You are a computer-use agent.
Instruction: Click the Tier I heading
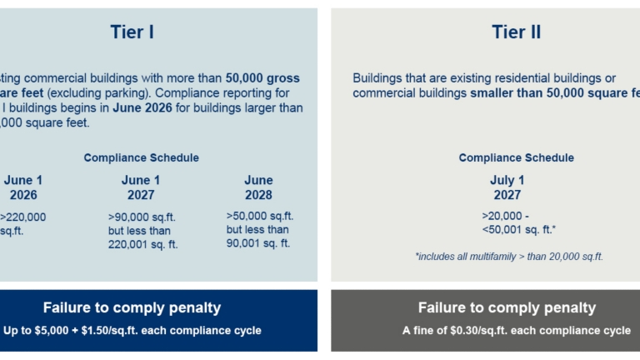point(132,32)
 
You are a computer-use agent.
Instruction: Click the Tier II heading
point(516,32)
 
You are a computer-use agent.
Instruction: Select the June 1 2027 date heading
point(141,187)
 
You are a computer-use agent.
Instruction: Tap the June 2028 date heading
point(258,187)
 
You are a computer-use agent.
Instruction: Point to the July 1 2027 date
point(507,187)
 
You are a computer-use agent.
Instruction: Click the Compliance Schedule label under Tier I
point(141,157)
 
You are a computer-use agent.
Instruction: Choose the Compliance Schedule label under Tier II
point(516,157)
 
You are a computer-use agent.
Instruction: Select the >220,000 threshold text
point(24,217)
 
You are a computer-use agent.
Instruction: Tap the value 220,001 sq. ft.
point(142,244)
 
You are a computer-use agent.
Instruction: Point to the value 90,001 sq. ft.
point(258,243)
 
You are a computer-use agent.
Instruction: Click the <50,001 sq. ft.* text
point(519,229)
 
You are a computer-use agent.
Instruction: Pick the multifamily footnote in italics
point(508,257)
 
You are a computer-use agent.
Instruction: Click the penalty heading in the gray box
point(507,307)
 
